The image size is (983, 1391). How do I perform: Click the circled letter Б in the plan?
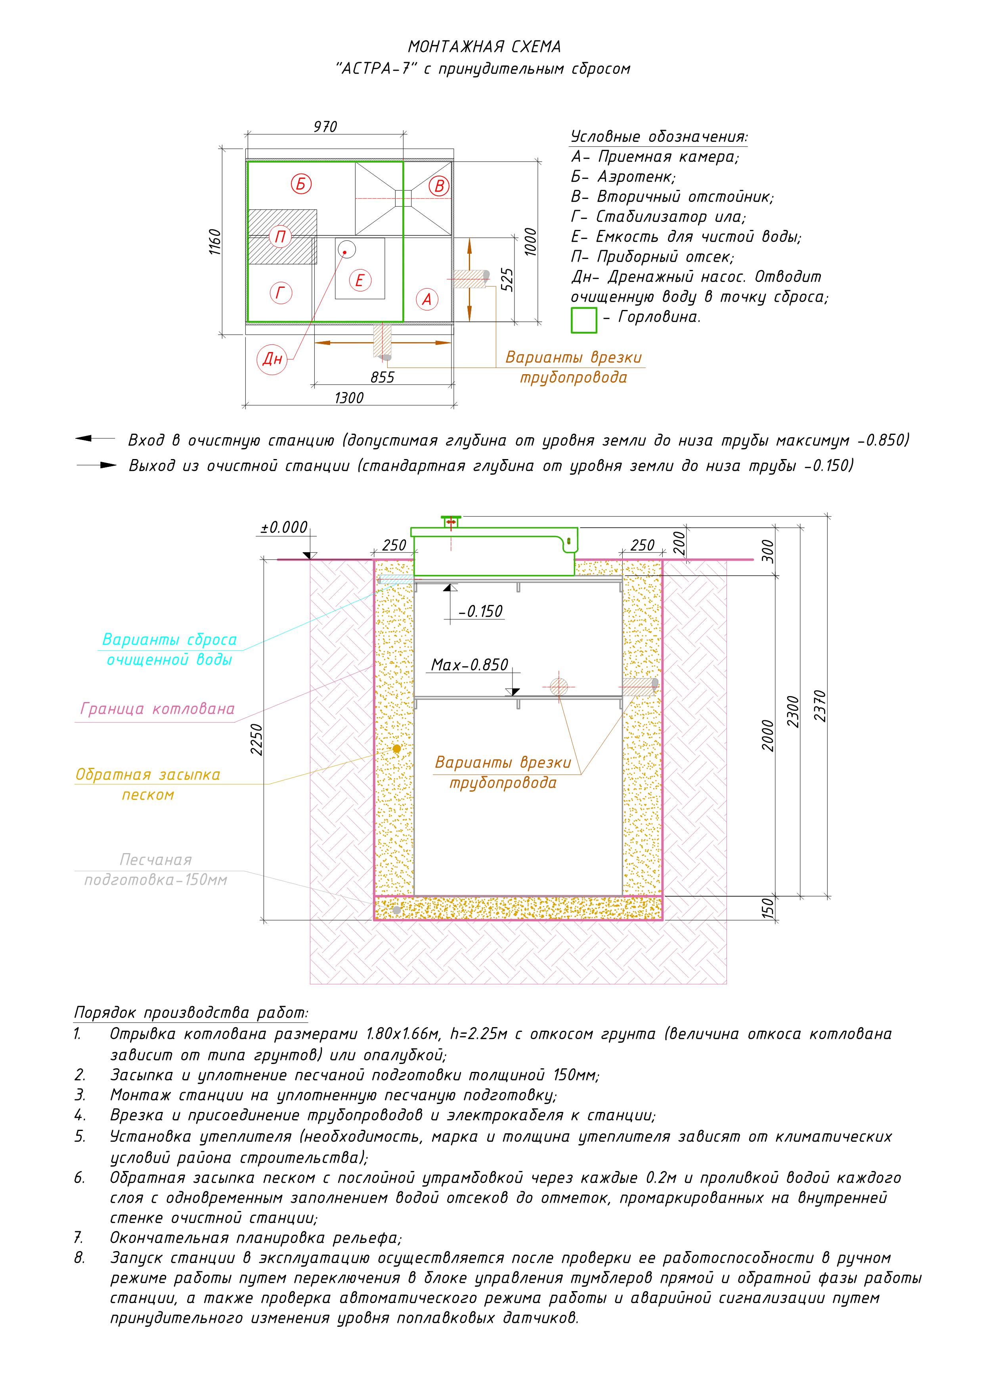point(301,183)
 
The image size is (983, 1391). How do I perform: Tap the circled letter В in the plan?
point(440,186)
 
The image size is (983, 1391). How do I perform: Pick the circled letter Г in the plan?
point(280,293)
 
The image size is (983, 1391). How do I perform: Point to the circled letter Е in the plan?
point(360,281)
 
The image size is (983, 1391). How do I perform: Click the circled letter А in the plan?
point(427,299)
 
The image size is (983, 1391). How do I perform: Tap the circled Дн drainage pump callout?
point(272,359)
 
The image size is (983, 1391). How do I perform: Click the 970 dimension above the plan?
point(325,126)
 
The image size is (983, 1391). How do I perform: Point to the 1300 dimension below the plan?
point(349,398)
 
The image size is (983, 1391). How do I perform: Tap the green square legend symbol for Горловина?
point(583,320)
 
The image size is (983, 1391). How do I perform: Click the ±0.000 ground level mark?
point(284,527)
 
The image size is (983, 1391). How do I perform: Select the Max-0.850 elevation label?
point(469,665)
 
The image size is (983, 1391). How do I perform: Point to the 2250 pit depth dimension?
point(257,739)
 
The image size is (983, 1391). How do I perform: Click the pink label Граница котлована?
point(157,709)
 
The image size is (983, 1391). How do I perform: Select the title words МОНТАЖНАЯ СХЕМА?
point(484,47)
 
